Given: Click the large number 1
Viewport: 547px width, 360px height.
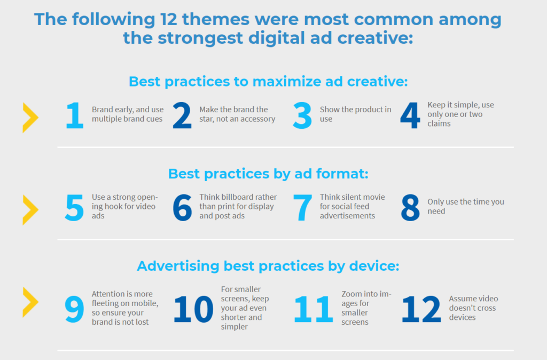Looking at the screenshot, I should [x=75, y=117].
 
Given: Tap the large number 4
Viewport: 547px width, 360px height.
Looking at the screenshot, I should [x=410, y=117].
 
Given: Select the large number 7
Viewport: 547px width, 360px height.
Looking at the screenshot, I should [x=302, y=208].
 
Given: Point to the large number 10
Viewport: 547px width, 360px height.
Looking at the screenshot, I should [x=193, y=310].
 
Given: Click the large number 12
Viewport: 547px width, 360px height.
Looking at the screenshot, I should [x=421, y=310].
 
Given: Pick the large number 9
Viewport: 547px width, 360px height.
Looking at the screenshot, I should [x=75, y=310].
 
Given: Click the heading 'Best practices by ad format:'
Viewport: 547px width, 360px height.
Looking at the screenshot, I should [x=268, y=174].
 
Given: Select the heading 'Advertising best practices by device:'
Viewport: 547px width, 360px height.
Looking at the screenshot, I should [x=268, y=266].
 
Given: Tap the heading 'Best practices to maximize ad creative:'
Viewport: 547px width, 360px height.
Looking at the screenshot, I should [x=268, y=82].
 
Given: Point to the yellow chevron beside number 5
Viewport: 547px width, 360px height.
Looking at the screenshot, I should [x=30, y=209].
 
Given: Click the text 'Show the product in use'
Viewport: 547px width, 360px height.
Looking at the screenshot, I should [x=355, y=114].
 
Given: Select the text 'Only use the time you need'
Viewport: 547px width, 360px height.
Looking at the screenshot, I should [x=465, y=207].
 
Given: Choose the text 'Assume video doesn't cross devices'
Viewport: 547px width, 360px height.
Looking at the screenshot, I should [x=472, y=308].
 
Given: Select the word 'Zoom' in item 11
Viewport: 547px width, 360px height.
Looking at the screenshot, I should [x=351, y=294].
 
